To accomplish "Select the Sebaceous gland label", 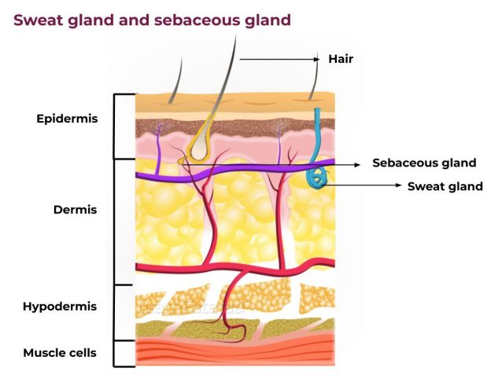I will [424, 163].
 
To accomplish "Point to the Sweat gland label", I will [445, 186].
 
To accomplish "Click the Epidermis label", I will [66, 119].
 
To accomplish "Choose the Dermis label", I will [74, 210].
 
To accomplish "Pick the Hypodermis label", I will [60, 307].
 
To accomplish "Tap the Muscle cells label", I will [60, 353].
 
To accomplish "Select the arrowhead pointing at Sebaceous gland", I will [365, 163].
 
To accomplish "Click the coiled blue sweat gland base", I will [316, 178].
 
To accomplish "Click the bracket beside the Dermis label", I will [116, 221].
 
